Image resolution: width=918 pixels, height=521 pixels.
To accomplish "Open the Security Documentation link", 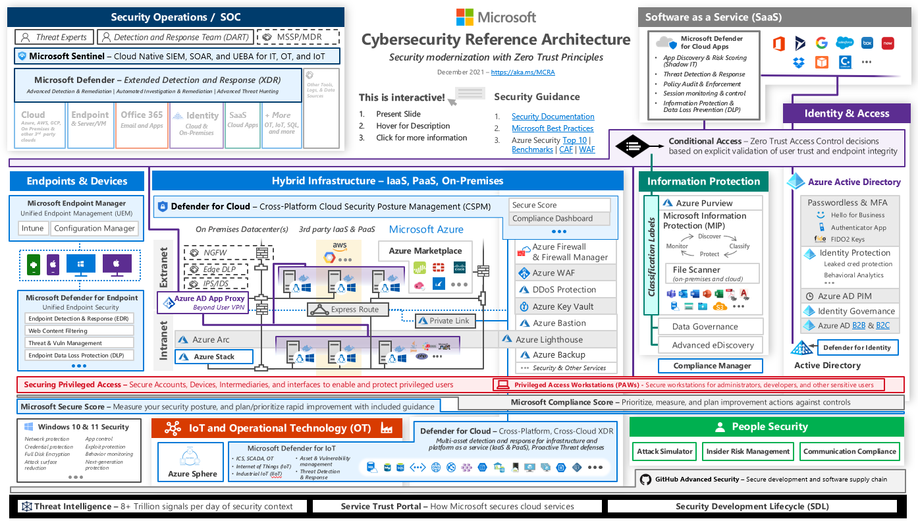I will pos(553,117).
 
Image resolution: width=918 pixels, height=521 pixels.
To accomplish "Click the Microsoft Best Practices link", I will pos(553,128).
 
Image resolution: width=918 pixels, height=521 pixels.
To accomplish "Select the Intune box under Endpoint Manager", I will pos(33,229).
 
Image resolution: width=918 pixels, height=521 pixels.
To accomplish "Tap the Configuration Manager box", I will pos(95,229).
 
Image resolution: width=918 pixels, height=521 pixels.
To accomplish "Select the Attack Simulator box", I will pos(665,451).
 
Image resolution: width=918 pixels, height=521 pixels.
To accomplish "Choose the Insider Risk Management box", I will pos(747,451).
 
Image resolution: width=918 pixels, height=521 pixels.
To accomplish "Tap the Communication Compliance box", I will pos(850,451).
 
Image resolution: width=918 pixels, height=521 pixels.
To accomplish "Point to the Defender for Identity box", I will pos(857,347).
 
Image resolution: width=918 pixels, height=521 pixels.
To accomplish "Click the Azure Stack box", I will pos(214,357).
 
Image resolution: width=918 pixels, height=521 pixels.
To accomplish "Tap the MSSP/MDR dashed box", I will pos(298,37).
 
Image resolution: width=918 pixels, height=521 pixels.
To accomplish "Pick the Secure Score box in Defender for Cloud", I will pos(559,205).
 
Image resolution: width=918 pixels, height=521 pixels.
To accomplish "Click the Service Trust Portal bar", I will pos(457,507).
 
